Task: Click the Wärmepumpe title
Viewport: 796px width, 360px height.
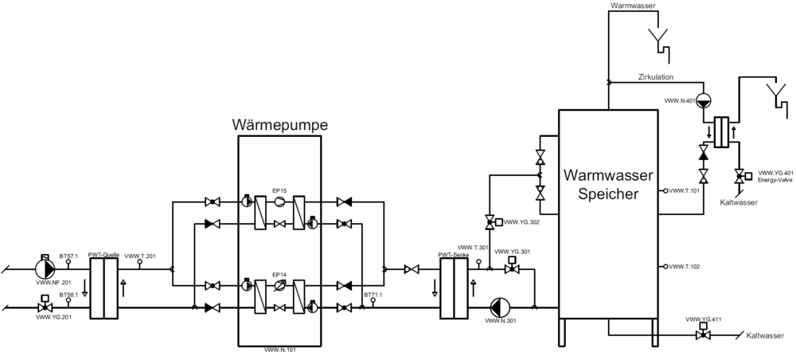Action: point(279,125)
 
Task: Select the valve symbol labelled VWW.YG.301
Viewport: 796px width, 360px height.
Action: point(511,270)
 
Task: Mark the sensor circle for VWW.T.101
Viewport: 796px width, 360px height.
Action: point(665,191)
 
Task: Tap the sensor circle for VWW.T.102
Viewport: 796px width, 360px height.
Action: point(665,266)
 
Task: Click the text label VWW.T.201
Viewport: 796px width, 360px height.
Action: point(140,256)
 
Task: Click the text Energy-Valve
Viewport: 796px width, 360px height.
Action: point(775,180)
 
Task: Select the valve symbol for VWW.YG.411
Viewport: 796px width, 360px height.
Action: point(703,335)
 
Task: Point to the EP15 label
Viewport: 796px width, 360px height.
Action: point(279,190)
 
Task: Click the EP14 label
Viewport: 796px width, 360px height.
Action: point(279,274)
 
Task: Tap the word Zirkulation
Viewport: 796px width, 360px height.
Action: point(656,77)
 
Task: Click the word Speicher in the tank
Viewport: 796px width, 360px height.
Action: point(608,193)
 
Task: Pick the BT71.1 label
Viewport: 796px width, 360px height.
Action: point(373,295)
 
